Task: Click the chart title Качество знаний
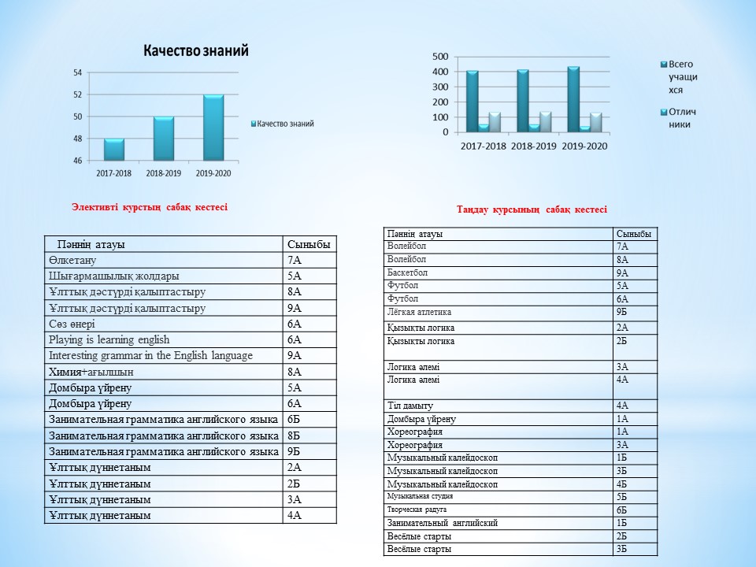(x=196, y=50)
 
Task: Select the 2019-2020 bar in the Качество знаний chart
(x=213, y=128)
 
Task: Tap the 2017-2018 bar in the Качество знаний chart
(x=113, y=150)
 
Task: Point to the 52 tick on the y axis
(x=78, y=94)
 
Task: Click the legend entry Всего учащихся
(x=680, y=76)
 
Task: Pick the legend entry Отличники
(x=678, y=118)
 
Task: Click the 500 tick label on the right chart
(x=440, y=57)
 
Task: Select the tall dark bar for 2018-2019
(x=523, y=101)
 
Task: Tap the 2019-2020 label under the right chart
(x=584, y=146)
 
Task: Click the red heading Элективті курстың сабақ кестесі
(x=150, y=207)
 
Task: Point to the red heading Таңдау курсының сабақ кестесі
(x=532, y=209)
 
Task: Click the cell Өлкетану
(x=72, y=261)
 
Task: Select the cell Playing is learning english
(x=109, y=340)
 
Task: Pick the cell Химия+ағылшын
(x=91, y=372)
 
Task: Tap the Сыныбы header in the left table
(x=309, y=244)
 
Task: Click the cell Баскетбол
(x=407, y=272)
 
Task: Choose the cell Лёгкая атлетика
(x=420, y=312)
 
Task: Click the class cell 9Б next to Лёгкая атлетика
(x=622, y=312)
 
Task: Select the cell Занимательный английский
(x=442, y=523)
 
